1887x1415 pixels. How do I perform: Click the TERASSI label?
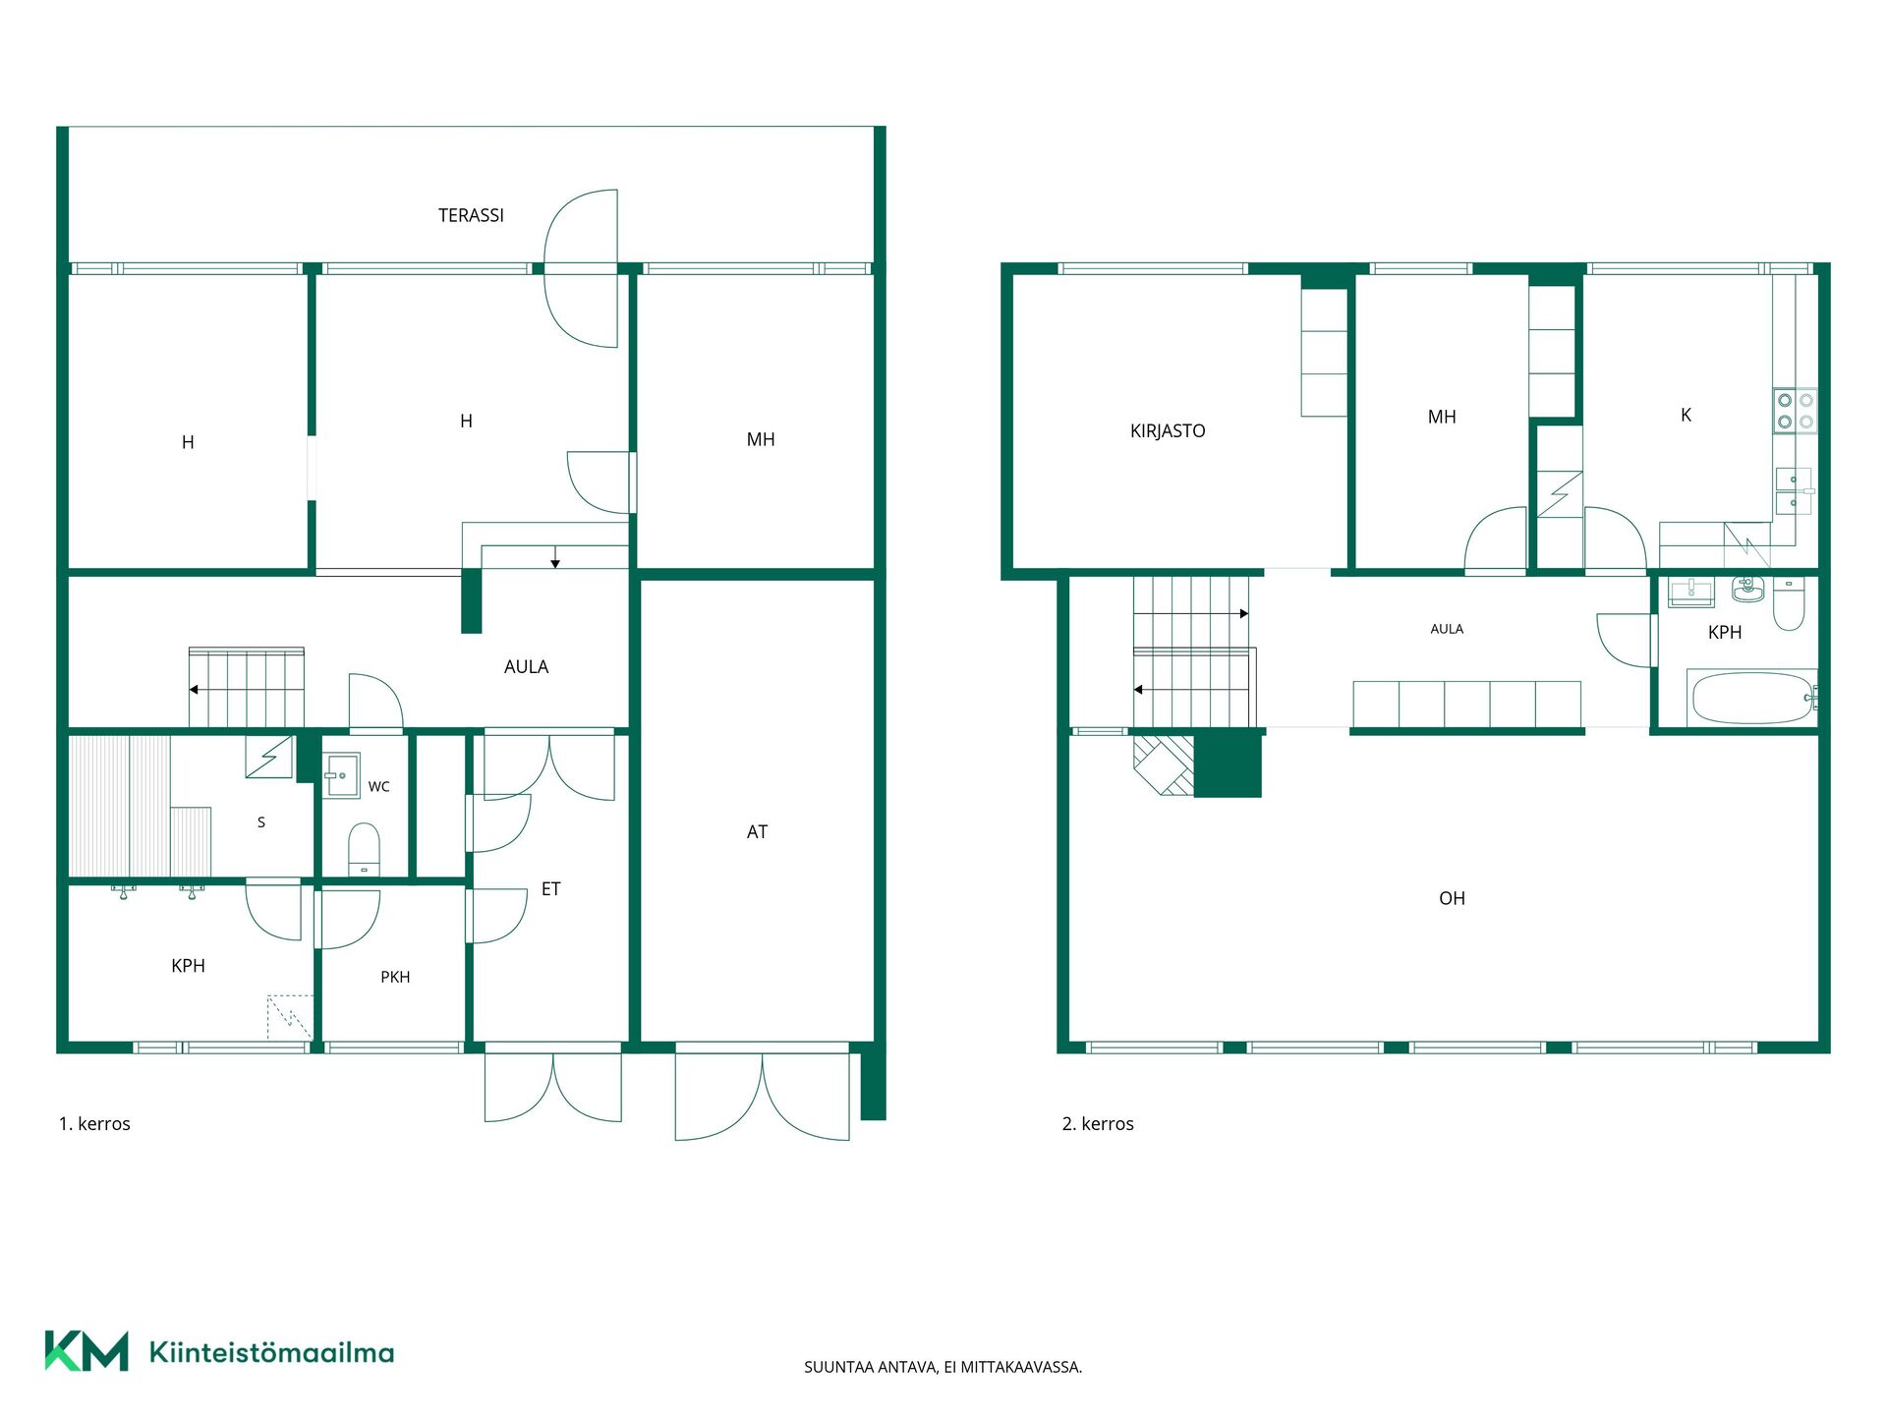tap(471, 215)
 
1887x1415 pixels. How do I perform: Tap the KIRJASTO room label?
tap(1168, 430)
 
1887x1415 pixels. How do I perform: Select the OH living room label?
tap(1452, 898)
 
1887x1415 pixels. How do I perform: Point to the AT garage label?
tap(757, 832)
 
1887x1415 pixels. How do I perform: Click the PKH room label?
tap(395, 977)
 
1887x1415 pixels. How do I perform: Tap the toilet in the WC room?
tap(364, 849)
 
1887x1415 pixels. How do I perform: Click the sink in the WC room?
tap(341, 775)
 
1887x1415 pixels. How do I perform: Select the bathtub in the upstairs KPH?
tap(1752, 698)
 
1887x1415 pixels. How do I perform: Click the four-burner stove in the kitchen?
tap(1795, 411)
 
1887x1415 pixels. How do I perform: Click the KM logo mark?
tap(86, 1351)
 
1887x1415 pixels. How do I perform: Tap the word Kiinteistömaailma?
tap(271, 1352)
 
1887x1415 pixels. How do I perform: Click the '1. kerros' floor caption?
tap(94, 1123)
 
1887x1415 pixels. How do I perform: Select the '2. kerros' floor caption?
tap(1098, 1123)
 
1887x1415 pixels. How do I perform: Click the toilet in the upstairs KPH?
tap(1789, 602)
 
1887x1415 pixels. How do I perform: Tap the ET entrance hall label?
tap(550, 889)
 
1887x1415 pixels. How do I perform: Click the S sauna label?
tap(261, 822)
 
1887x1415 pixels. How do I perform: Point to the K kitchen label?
tap(1686, 415)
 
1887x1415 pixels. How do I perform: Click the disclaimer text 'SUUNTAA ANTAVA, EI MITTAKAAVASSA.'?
tap(943, 1367)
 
